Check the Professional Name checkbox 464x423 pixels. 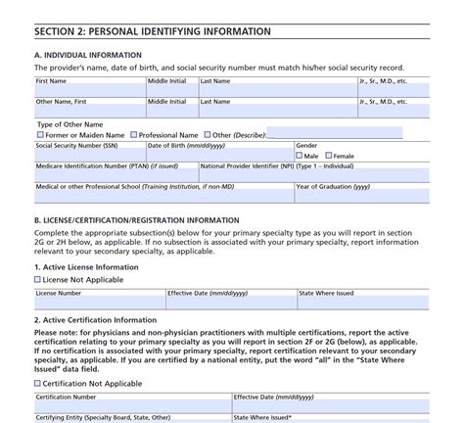pyautogui.click(x=133, y=135)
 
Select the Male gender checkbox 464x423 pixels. pyautogui.click(x=299, y=156)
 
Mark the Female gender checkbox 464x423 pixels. pyautogui.click(x=329, y=156)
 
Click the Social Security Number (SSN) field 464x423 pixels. pyautogui.click(x=89, y=154)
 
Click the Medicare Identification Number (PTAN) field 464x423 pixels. pyautogui.click(x=116, y=176)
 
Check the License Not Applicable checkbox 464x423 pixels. pyautogui.click(x=38, y=279)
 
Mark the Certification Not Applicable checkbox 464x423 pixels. pyautogui.click(x=38, y=384)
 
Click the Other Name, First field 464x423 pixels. pyautogui.click(x=89, y=112)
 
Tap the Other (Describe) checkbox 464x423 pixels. pyautogui.click(x=207, y=135)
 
